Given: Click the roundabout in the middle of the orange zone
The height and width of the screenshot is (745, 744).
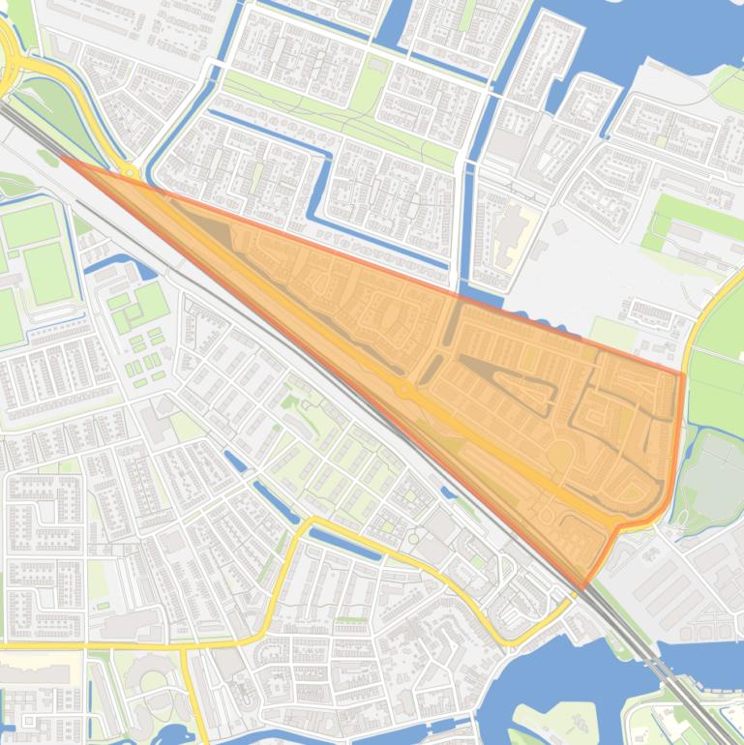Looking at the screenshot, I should click(x=402, y=389).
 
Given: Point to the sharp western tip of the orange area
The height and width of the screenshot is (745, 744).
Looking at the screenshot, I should click(x=62, y=158).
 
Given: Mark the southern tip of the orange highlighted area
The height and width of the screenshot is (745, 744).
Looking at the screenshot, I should click(x=583, y=586).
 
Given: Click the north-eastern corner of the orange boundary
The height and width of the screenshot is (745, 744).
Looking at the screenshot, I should click(x=682, y=373).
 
